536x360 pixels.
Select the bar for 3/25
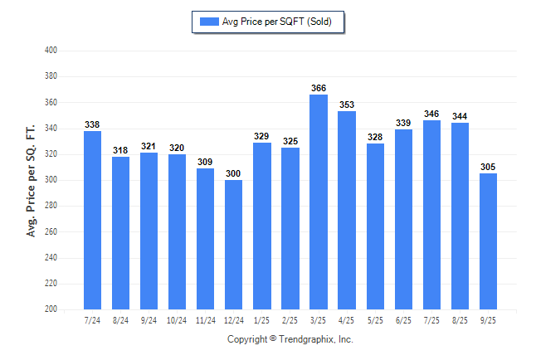tap(318, 202)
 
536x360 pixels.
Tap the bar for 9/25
tap(488, 241)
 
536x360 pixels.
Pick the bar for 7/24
tap(92, 220)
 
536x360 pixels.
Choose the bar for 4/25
tap(347, 210)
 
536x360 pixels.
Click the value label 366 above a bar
tap(318, 89)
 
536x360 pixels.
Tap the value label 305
tap(488, 168)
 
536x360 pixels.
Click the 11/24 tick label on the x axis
tap(205, 320)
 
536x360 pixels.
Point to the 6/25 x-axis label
tap(403, 320)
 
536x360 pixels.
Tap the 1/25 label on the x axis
tap(261, 320)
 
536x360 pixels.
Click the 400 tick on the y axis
tap(51, 51)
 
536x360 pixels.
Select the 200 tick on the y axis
tap(51, 309)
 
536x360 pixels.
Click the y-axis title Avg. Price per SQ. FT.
tap(32, 180)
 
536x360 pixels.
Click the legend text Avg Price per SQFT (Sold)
tap(277, 22)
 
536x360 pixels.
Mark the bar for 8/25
tap(460, 216)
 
